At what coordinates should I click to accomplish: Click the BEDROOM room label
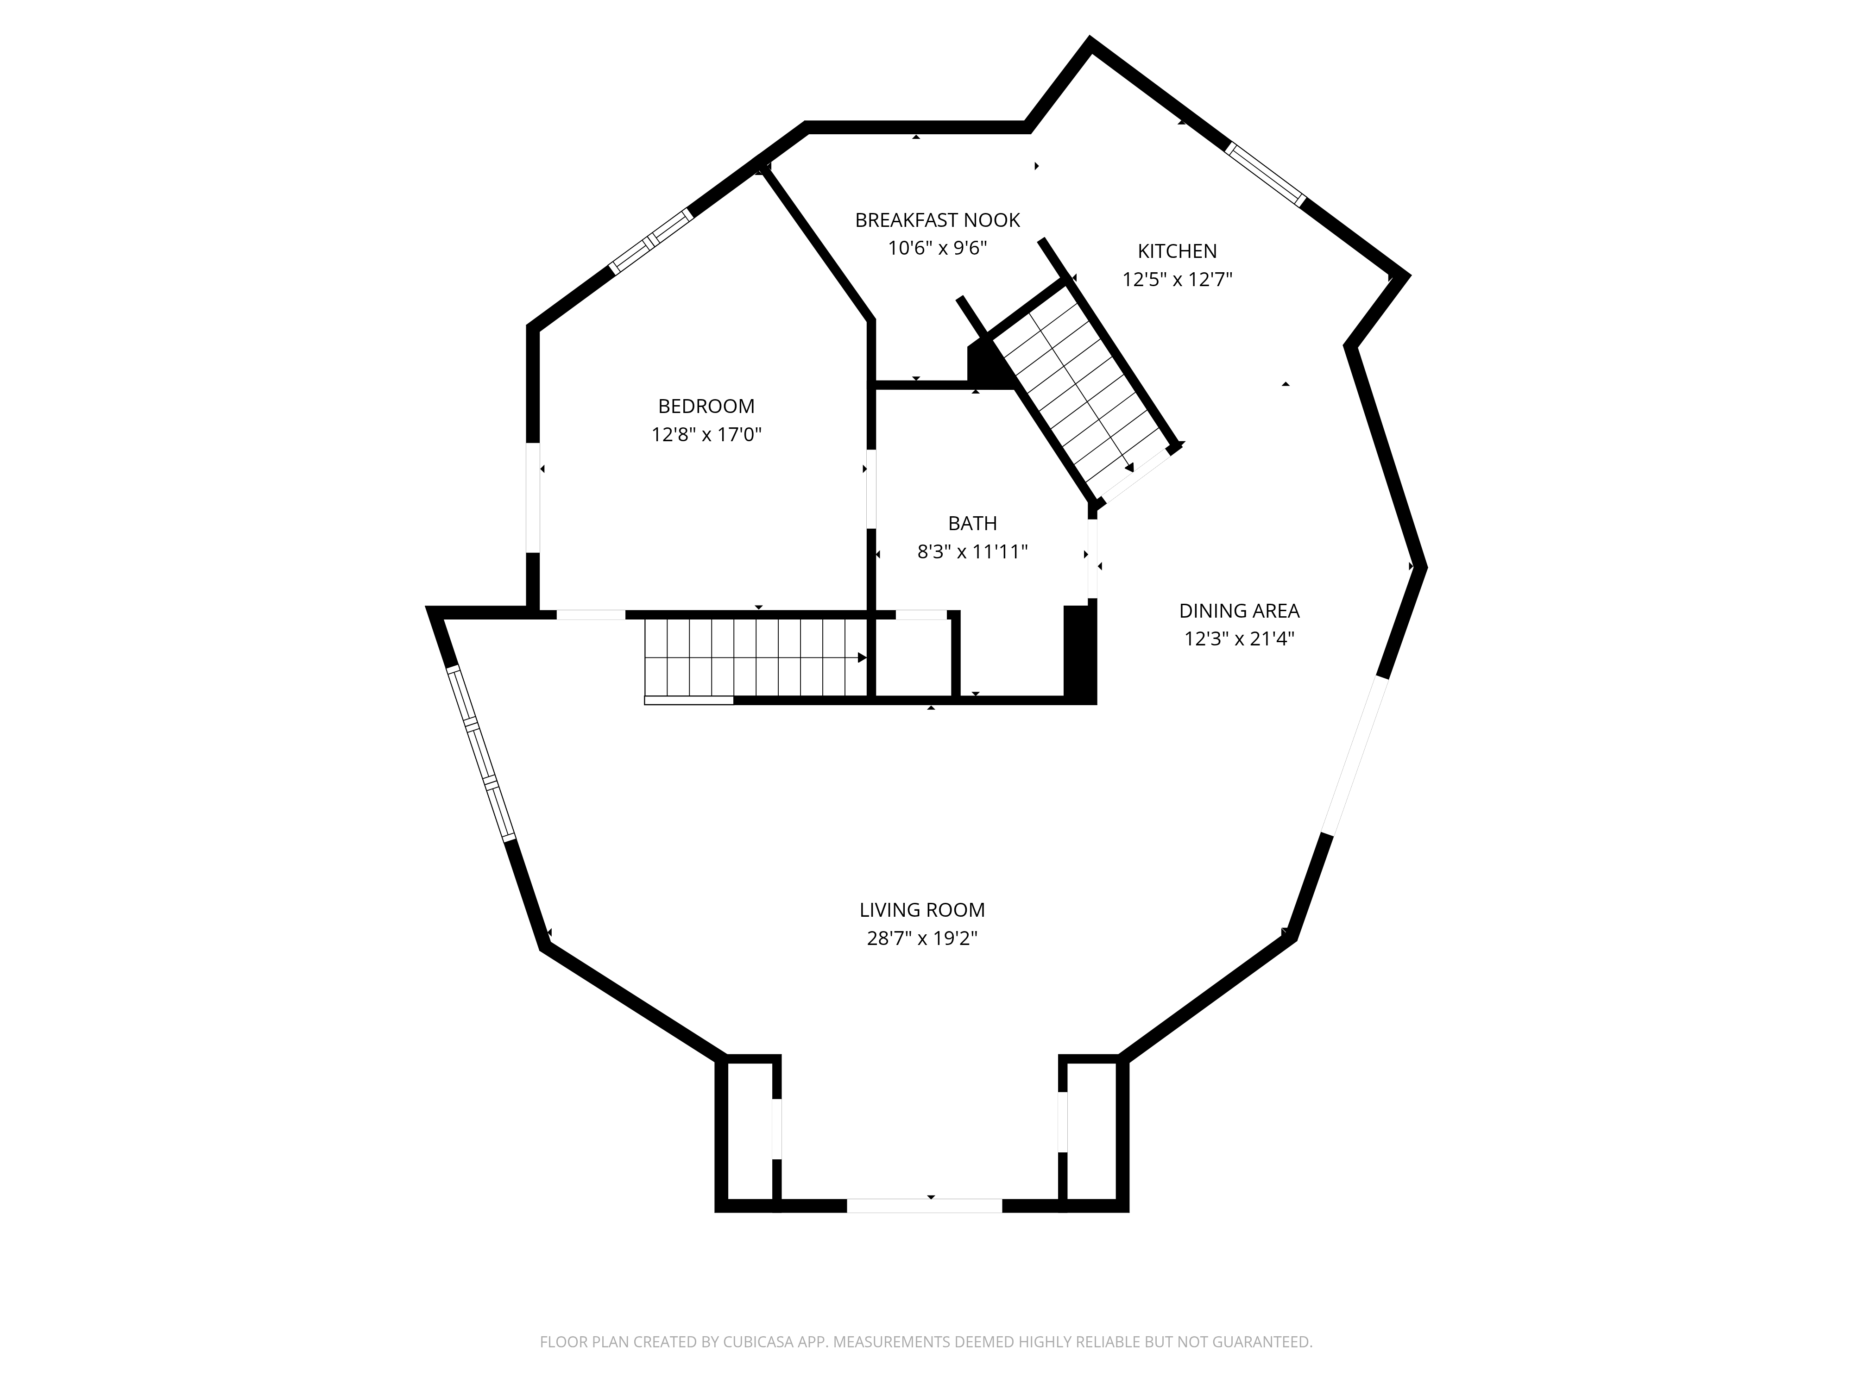[x=706, y=406]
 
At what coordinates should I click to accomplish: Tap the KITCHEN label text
[x=1177, y=251]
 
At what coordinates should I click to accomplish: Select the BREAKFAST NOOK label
[x=938, y=220]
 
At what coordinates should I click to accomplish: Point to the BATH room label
[x=972, y=523]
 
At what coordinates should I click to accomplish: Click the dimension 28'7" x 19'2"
[x=922, y=939]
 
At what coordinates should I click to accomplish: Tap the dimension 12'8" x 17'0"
[x=706, y=435]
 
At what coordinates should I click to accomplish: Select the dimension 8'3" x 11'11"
[x=972, y=552]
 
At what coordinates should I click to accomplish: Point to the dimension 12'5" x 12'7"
[x=1177, y=280]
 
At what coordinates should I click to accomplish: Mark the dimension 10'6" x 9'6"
[x=938, y=249]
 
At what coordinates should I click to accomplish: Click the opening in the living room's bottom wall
[x=924, y=1206]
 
